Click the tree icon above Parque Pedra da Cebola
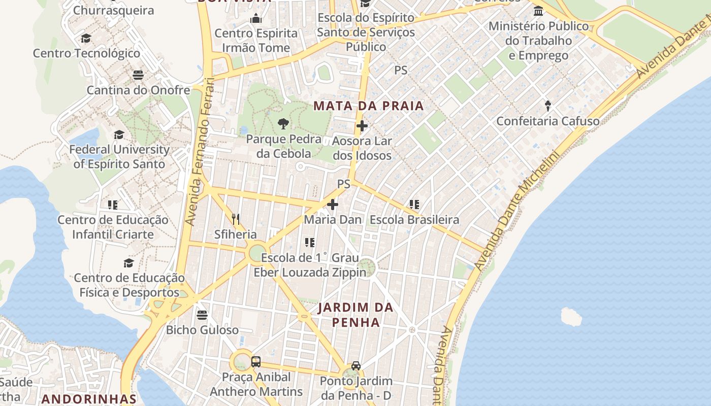pos(283,123)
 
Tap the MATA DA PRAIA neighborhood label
pos(368,106)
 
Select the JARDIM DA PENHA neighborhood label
pos(355,315)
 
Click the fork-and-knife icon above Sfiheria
pos(236,219)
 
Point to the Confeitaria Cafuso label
pos(547,121)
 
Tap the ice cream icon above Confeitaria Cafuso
pos(548,106)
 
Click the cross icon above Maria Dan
pos(333,205)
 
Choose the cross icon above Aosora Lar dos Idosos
pos(362,126)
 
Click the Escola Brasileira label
pos(414,220)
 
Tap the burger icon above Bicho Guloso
pos(202,315)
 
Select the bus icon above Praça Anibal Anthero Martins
pos(256,362)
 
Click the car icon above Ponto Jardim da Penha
pos(356,366)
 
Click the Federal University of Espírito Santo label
pos(119,157)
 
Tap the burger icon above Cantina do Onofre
pos(138,75)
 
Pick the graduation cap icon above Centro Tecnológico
pos(86,38)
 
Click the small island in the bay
pos(571,316)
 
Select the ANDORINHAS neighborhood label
pos(89,399)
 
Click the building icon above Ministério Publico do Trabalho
pos(538,11)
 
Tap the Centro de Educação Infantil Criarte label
pos(113,227)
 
